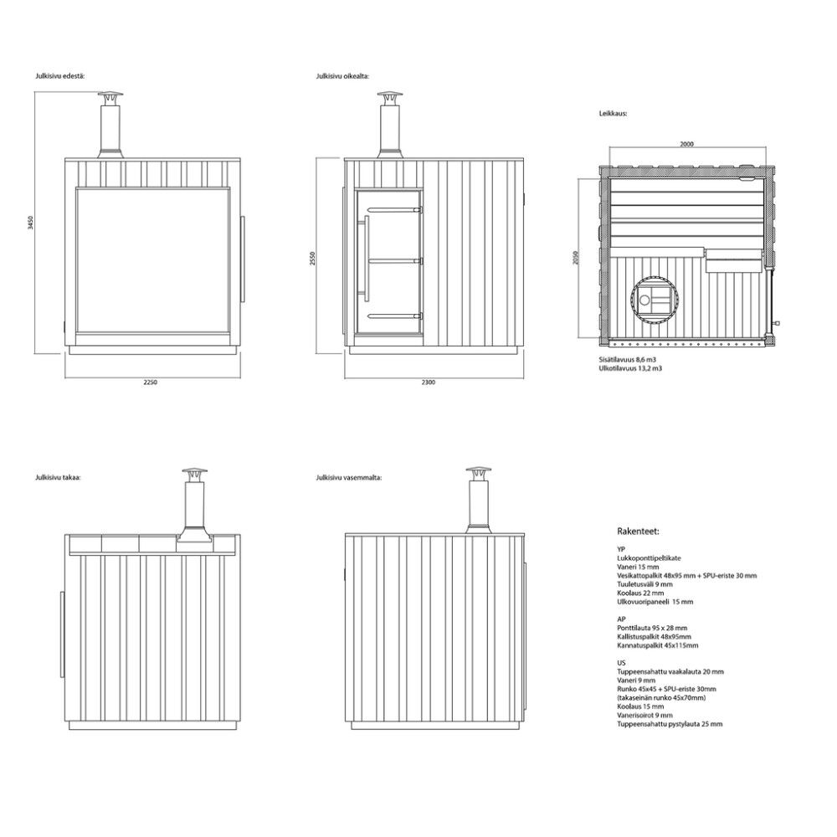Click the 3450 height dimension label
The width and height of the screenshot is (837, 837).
pyautogui.click(x=31, y=223)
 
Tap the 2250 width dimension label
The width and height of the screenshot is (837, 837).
pyautogui.click(x=151, y=383)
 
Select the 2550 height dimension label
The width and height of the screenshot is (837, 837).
pyautogui.click(x=313, y=259)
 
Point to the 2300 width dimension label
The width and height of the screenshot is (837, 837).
pyautogui.click(x=428, y=383)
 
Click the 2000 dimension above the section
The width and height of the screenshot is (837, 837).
pyautogui.click(x=687, y=144)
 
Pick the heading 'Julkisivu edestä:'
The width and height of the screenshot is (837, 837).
pyautogui.click(x=60, y=76)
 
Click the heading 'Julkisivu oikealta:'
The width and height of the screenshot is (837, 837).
pyautogui.click(x=342, y=76)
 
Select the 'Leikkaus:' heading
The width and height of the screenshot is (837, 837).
pyautogui.click(x=613, y=114)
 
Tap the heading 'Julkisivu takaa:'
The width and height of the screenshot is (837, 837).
pyautogui.click(x=59, y=478)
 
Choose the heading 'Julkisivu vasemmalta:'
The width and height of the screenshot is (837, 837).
pyautogui.click(x=348, y=478)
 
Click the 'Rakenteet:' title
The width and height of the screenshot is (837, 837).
pyautogui.click(x=638, y=531)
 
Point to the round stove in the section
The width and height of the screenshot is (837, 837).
pyautogui.click(x=652, y=300)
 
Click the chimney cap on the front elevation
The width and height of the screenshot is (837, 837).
pyautogui.click(x=110, y=96)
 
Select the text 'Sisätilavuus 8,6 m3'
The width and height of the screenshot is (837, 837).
pyautogui.click(x=628, y=360)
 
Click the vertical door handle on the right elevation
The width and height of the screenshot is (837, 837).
pyautogui.click(x=366, y=255)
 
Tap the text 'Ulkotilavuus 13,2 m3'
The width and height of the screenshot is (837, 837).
pyautogui.click(x=630, y=368)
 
